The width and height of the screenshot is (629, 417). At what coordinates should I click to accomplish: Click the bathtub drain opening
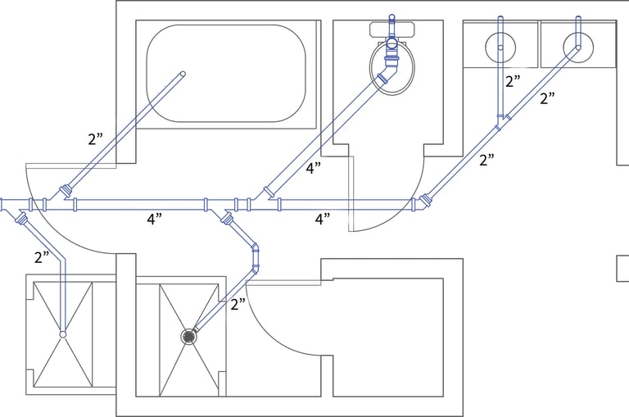[183, 74]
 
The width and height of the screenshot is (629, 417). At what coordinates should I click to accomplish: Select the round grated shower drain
[188, 336]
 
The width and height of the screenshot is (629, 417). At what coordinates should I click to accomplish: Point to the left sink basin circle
[500, 48]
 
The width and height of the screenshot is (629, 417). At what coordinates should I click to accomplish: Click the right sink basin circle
[578, 48]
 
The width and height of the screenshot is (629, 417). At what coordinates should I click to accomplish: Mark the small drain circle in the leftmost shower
[62, 334]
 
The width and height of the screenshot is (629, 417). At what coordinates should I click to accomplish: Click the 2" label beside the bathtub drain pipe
[96, 139]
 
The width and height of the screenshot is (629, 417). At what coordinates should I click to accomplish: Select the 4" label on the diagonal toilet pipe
[314, 168]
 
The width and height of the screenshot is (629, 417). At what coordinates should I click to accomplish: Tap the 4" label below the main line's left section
[155, 219]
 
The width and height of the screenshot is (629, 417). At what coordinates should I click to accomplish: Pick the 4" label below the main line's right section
[323, 219]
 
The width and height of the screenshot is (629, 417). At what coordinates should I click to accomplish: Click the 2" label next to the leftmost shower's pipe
[42, 257]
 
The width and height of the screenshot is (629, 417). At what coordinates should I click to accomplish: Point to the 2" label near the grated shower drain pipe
[238, 305]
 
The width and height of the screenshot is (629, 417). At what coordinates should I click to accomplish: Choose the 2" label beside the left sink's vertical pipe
[513, 81]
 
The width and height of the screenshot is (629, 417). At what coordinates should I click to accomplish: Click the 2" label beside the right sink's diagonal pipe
[547, 98]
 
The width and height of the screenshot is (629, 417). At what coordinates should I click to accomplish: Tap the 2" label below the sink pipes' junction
[487, 160]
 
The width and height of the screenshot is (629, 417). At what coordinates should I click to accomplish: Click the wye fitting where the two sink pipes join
[501, 120]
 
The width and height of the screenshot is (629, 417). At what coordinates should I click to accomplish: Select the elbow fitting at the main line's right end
[421, 202]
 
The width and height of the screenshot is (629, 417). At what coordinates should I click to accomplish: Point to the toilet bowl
[392, 67]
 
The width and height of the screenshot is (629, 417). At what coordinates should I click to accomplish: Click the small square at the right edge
[623, 268]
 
